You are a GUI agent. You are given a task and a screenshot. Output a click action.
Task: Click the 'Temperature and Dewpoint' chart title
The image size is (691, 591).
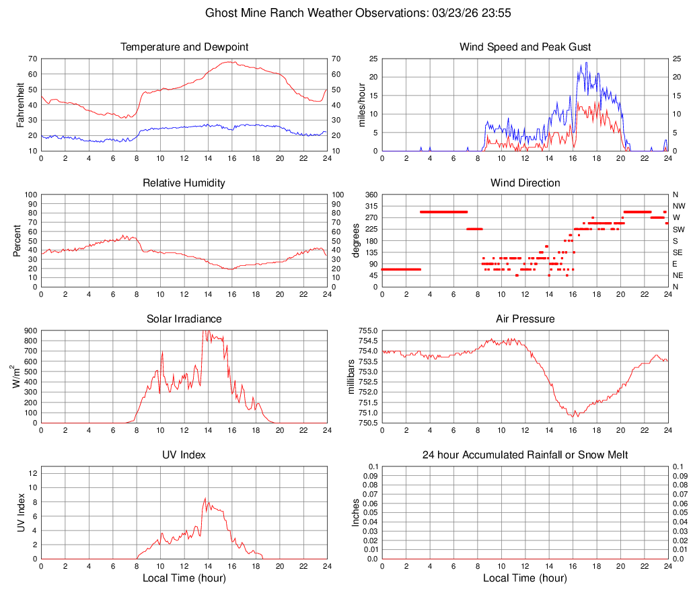[184, 47]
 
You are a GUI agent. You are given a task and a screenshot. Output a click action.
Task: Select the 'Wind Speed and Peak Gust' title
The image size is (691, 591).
[525, 47]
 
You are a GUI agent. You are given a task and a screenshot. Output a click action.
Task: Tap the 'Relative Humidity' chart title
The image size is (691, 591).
[184, 183]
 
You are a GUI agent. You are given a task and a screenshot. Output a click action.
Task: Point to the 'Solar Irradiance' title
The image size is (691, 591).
[184, 318]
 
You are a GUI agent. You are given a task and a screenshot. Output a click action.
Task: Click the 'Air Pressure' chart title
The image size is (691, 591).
[525, 318]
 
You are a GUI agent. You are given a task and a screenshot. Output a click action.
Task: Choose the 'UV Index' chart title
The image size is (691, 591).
[184, 455]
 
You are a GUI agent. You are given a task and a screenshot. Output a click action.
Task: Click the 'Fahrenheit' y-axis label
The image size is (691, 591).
[21, 104]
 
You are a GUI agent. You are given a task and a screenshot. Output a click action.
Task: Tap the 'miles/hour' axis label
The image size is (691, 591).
[361, 104]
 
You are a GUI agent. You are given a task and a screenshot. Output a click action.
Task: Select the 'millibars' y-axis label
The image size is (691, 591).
[351, 376]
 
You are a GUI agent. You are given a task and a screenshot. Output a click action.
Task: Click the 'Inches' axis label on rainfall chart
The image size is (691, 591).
[356, 512]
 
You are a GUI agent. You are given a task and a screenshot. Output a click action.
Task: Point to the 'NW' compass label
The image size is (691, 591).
[679, 206]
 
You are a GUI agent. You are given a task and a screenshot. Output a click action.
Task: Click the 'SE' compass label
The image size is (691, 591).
[678, 252]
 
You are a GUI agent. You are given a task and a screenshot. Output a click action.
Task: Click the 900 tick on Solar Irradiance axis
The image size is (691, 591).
[31, 331]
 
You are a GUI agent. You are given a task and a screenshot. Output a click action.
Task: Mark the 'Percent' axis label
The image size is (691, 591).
[17, 240]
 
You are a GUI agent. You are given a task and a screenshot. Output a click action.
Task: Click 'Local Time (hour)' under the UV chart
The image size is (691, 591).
[184, 578]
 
